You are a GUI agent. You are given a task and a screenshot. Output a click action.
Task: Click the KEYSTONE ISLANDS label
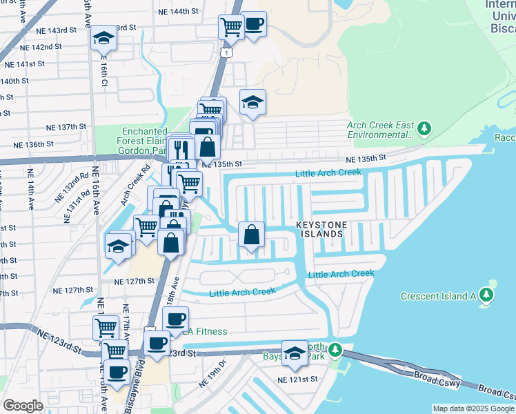click(x=319, y=230)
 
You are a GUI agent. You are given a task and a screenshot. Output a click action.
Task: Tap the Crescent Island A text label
click(x=439, y=296)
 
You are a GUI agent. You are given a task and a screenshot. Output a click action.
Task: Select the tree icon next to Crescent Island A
click(x=487, y=295)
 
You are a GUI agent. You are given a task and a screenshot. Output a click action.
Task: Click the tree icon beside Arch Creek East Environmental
click(x=425, y=128)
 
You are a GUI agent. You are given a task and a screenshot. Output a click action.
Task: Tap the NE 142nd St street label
click(x=41, y=47)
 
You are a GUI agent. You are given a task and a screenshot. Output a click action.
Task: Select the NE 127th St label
click(x=134, y=281)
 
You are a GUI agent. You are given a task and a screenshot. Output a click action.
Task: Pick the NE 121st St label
click(x=297, y=379)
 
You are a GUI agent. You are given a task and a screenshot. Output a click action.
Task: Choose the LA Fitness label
click(x=205, y=332)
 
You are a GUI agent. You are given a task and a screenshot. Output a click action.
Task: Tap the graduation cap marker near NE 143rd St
click(x=103, y=37)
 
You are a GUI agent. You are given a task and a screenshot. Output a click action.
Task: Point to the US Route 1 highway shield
click(x=226, y=52)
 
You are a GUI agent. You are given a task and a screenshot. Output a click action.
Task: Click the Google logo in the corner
click(x=23, y=406)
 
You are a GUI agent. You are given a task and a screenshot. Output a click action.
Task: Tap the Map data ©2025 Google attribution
click(x=473, y=408)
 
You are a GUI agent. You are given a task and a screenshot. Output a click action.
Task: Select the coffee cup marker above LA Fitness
click(x=176, y=319)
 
